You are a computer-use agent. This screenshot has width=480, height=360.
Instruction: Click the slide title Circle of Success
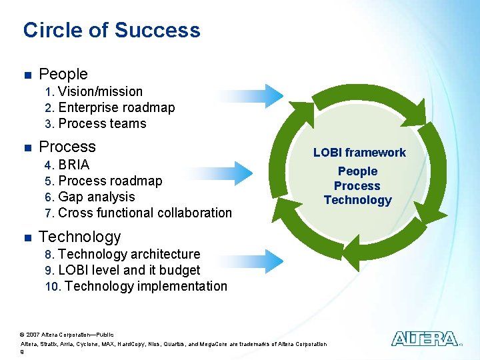coord(111,30)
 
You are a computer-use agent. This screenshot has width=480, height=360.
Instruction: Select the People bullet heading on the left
coord(63,74)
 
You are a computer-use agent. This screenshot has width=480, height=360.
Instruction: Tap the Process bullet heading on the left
coord(67,147)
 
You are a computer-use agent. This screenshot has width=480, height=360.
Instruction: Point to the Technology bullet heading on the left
coord(80,237)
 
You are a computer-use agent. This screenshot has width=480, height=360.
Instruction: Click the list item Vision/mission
coord(100,91)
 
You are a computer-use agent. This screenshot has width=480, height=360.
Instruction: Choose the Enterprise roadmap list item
coord(116,107)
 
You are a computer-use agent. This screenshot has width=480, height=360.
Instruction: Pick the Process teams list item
coord(102,123)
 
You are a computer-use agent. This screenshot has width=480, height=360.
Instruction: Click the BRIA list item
coord(73,165)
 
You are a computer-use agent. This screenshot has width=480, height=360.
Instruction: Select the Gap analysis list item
coord(96,197)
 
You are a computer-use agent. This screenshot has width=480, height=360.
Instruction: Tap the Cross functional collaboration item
coord(145,213)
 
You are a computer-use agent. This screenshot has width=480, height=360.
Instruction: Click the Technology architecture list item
coord(129,254)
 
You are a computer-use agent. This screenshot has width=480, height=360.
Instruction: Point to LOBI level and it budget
coord(129,270)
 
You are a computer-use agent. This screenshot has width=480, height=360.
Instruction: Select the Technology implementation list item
coord(145,286)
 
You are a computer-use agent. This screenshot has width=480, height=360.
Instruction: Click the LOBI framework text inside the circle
coord(359,153)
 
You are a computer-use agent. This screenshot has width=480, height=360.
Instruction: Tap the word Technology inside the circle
coord(358,200)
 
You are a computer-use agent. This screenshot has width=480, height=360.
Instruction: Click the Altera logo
coord(425,339)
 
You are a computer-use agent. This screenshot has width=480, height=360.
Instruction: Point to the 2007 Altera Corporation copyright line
coord(67,334)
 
